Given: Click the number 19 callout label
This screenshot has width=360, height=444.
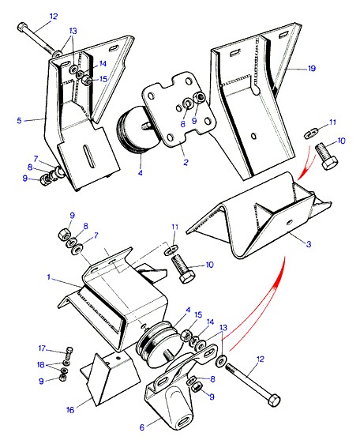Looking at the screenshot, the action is tap(312, 68).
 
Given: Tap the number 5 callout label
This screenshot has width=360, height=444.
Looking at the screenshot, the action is tap(19, 121).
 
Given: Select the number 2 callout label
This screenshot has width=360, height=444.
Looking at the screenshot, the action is tap(186, 162).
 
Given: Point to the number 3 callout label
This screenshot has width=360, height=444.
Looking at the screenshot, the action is tap(309, 243).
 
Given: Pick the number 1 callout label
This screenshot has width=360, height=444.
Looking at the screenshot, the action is tap(49, 277).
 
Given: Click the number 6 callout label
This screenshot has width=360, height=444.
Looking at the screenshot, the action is tap(142, 427).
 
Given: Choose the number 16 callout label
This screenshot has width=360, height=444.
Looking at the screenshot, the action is tap(70, 410).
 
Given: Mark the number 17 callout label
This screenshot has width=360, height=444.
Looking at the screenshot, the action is tap(42, 348).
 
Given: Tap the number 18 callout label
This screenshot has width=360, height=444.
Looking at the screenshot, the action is tap(41, 365).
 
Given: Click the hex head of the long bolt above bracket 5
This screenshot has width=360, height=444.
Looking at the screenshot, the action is tap(21, 27).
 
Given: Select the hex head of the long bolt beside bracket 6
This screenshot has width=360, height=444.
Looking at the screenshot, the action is tap(274, 400).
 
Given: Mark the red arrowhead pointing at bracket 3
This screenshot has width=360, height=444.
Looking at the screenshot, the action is tap(302, 174).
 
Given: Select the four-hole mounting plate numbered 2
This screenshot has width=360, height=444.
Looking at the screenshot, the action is tap(179, 110).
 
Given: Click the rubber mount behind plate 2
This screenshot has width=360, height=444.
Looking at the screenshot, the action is tap(135, 130).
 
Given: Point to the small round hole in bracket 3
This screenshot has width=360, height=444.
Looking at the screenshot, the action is tap(289, 222).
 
